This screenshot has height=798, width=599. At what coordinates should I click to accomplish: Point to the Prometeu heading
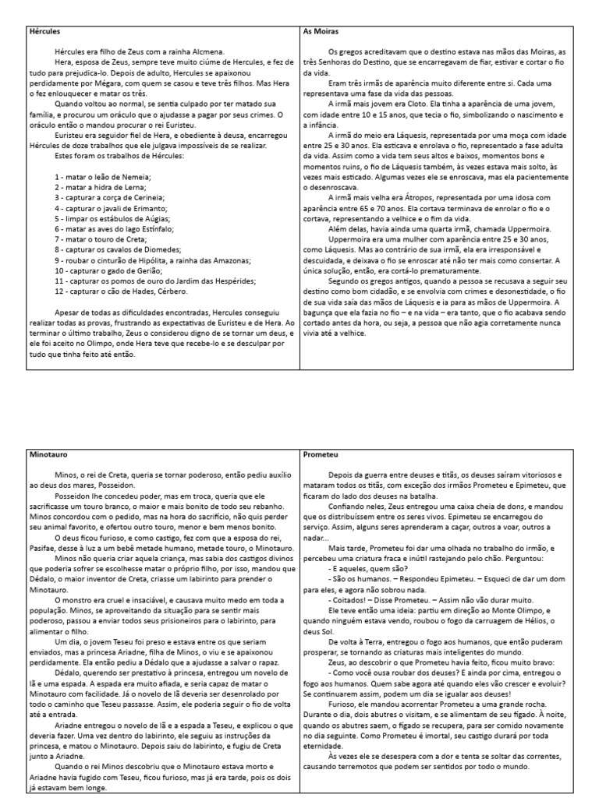point(322,453)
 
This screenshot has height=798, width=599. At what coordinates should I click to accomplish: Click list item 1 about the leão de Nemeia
point(102,178)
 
